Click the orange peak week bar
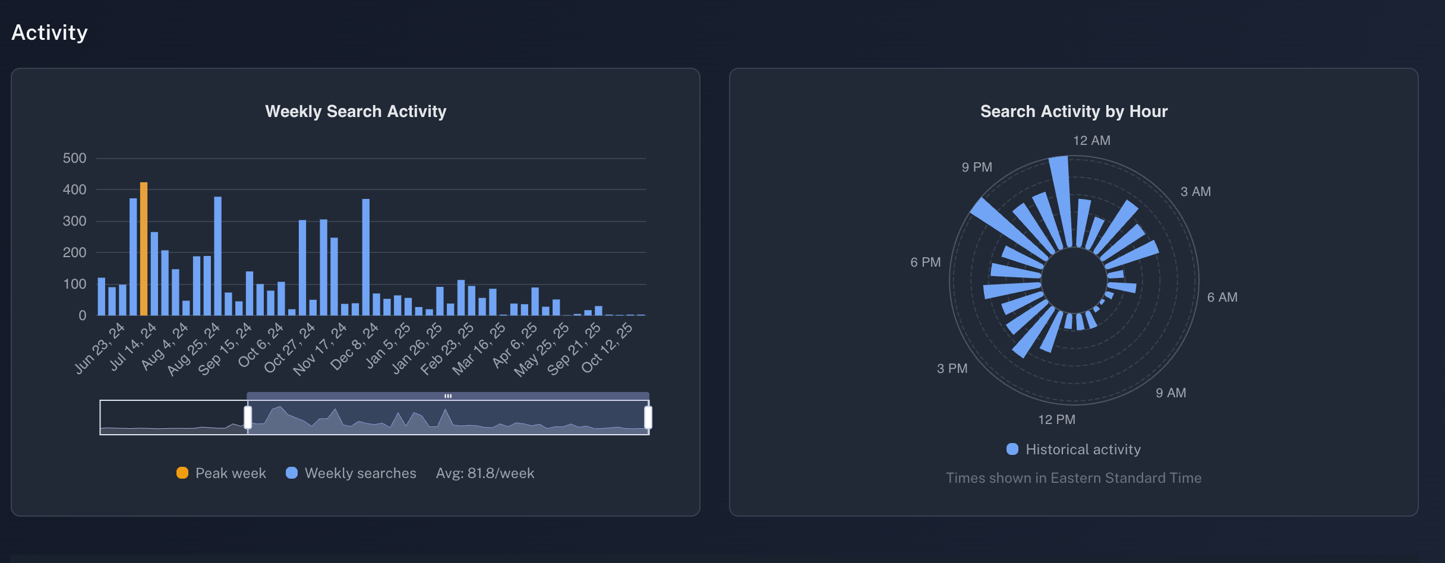pyautogui.click(x=144, y=249)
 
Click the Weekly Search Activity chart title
pyautogui.click(x=355, y=112)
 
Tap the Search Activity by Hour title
pyautogui.click(x=1074, y=112)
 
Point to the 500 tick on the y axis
pyautogui.click(x=75, y=159)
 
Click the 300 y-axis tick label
pyautogui.click(x=75, y=222)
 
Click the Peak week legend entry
pyautogui.click(x=222, y=473)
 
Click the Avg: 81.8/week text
pyautogui.click(x=485, y=473)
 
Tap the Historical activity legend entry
pyautogui.click(x=1074, y=450)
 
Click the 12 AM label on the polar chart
pyautogui.click(x=1091, y=141)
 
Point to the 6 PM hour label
pyautogui.click(x=925, y=262)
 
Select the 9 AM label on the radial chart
pyautogui.click(x=1170, y=393)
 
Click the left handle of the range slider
pyautogui.click(x=248, y=417)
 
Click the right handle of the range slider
pyautogui.click(x=648, y=417)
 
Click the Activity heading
pyautogui.click(x=50, y=33)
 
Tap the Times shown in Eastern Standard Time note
pyautogui.click(x=1074, y=478)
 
